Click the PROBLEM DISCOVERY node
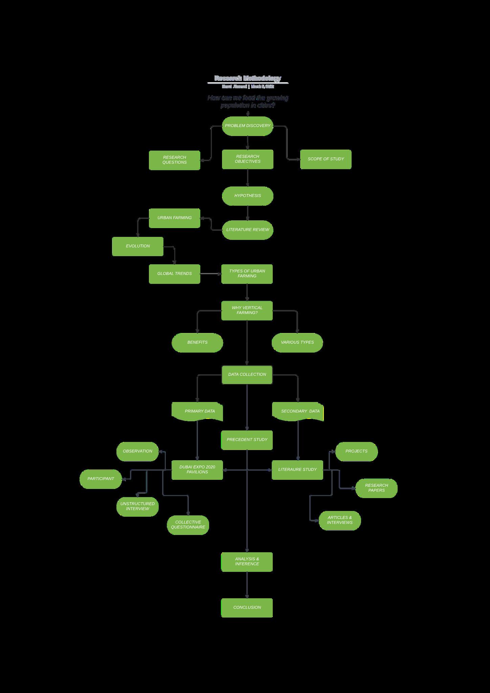[247, 126]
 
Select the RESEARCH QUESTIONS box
[174, 160]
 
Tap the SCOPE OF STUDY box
[326, 159]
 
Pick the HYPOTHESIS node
[247, 196]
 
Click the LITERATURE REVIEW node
[247, 230]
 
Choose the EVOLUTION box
[138, 246]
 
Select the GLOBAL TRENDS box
[174, 274]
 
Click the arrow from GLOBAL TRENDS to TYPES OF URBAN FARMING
[210, 274]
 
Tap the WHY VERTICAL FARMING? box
[247, 310]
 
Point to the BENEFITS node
[197, 342]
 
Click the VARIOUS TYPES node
[297, 342]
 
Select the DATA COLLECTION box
[247, 375]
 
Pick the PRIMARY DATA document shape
[197, 411]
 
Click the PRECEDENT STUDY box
[247, 440]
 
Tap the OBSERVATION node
[137, 451]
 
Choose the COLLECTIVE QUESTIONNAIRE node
[188, 525]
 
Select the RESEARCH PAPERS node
[376, 488]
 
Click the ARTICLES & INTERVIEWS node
[339, 520]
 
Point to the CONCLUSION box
[247, 608]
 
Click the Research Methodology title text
[248, 78]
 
